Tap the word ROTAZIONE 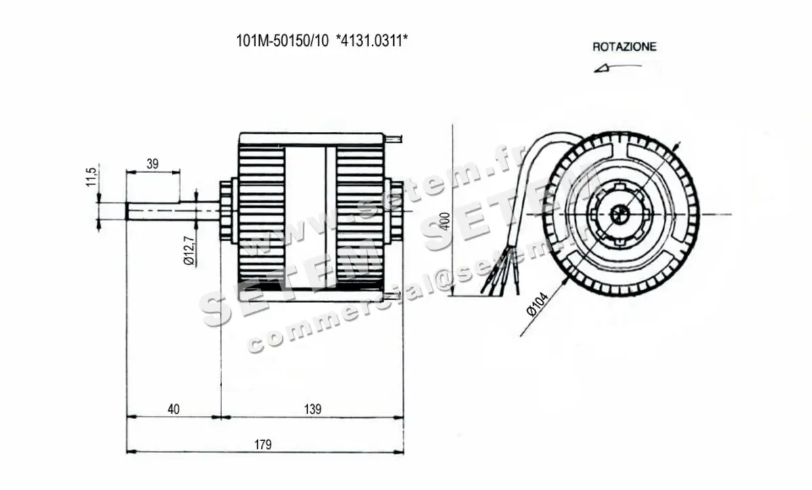tap(624, 47)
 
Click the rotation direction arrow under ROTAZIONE tap(617, 67)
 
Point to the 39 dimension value tap(152, 163)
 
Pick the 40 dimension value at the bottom tap(174, 408)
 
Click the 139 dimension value tap(312, 408)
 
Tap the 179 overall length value tap(263, 444)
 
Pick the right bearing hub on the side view tap(390, 211)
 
